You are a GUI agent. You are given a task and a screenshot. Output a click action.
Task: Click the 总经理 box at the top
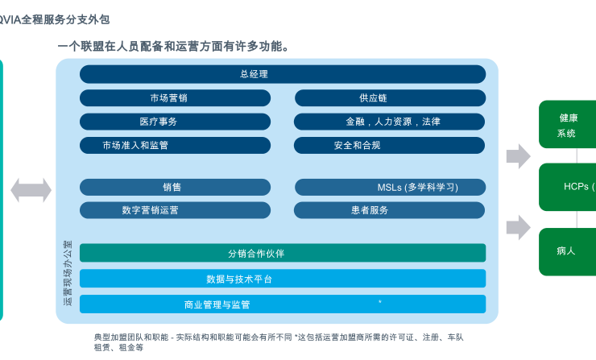283,74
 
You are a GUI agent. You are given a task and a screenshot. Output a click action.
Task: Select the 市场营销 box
175,98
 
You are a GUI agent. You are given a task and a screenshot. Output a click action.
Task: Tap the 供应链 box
390,98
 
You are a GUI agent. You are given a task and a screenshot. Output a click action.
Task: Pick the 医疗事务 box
175,122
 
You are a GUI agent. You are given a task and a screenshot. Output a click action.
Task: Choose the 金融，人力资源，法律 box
390,122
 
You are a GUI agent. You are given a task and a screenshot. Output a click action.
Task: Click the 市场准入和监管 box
175,146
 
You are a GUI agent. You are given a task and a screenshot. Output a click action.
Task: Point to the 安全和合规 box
390,146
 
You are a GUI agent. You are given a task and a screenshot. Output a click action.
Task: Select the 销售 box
175,187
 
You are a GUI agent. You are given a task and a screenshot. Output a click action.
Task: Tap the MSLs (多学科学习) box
390,187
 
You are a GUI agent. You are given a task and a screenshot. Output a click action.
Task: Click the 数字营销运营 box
175,210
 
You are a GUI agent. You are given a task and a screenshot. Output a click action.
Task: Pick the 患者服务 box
390,210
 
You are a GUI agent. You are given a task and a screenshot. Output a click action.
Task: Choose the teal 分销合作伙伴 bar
283,253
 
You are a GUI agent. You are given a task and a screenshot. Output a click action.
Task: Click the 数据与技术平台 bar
283,279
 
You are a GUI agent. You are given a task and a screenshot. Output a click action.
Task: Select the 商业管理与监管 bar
283,304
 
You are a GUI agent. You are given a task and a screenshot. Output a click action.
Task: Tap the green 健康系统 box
568,125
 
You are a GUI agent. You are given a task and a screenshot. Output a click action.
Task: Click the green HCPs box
568,187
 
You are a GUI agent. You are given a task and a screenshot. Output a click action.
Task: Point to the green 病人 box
568,251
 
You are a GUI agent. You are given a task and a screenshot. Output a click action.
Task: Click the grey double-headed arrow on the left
31,191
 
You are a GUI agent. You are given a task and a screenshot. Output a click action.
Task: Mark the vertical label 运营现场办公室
68,273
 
